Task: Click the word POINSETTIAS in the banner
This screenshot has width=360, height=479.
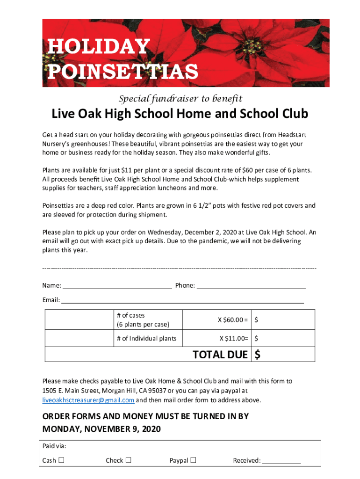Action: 123,72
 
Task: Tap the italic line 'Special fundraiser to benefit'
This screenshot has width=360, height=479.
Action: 180,99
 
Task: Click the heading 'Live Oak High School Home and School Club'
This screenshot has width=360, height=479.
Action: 180,114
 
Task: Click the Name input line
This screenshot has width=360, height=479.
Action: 117,285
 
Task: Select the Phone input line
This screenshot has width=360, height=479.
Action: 251,285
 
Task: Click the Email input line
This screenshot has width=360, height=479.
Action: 182,300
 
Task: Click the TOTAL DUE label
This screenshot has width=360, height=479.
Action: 220,355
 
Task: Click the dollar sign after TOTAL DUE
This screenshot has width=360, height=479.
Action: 258,355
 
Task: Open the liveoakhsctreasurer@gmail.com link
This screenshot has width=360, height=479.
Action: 88,400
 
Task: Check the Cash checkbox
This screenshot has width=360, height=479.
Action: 61,460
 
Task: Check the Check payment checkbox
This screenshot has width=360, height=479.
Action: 128,460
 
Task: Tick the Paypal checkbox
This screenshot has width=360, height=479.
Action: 193,460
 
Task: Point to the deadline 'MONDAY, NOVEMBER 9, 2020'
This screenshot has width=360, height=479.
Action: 101,429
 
